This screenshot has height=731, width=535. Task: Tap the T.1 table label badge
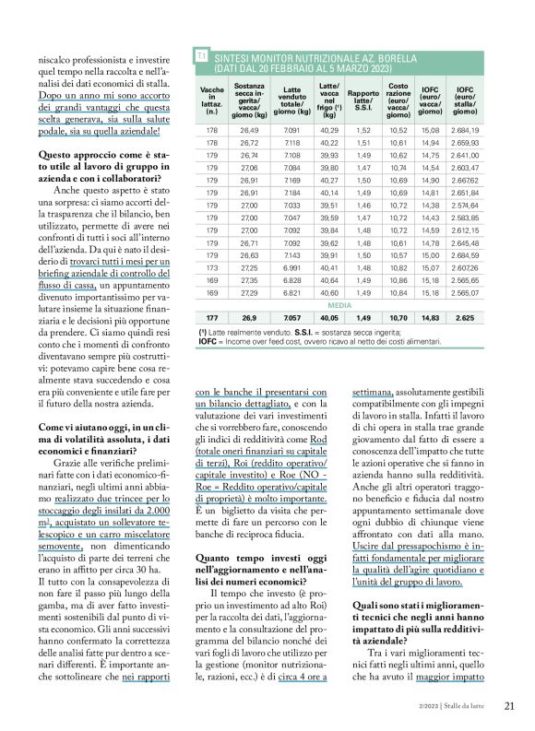point(200,57)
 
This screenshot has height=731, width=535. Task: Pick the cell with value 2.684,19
point(466,131)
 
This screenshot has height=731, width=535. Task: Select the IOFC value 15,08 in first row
point(430,131)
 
